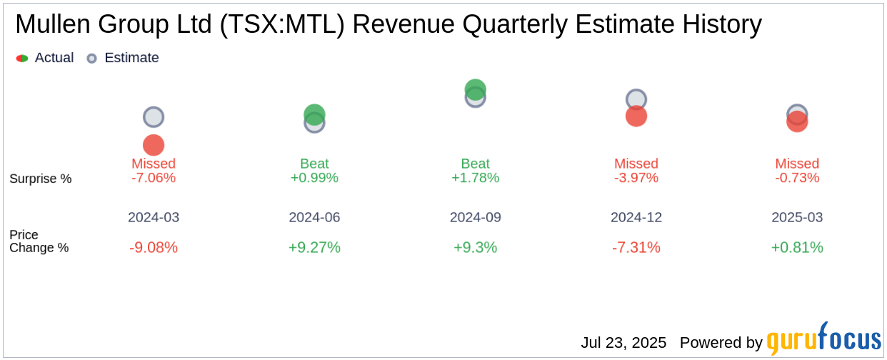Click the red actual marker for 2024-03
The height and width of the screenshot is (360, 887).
click(154, 145)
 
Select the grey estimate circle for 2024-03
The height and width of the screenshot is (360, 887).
click(154, 117)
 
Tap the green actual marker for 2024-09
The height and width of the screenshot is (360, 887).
click(476, 89)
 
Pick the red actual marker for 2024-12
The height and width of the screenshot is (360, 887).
click(636, 116)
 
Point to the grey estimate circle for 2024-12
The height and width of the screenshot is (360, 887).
click(636, 99)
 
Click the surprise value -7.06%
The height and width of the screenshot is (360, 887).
click(154, 178)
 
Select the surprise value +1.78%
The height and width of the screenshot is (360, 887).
click(476, 178)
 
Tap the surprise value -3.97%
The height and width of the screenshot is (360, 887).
click(636, 178)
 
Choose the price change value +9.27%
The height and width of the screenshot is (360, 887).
click(314, 248)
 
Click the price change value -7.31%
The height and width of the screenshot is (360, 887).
click(636, 248)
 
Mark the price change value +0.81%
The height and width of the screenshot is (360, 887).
click(797, 248)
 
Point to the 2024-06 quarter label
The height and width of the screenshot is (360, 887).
click(314, 217)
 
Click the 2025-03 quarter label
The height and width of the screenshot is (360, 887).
click(797, 217)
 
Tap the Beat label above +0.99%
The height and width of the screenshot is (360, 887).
click(314, 164)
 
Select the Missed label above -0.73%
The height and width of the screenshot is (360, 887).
click(797, 164)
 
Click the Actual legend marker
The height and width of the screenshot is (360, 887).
click(22, 59)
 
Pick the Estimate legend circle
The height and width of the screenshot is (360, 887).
click(91, 59)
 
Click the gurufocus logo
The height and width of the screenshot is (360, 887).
click(823, 340)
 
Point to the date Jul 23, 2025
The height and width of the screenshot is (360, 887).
click(623, 343)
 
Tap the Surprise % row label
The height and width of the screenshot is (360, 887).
click(41, 179)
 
